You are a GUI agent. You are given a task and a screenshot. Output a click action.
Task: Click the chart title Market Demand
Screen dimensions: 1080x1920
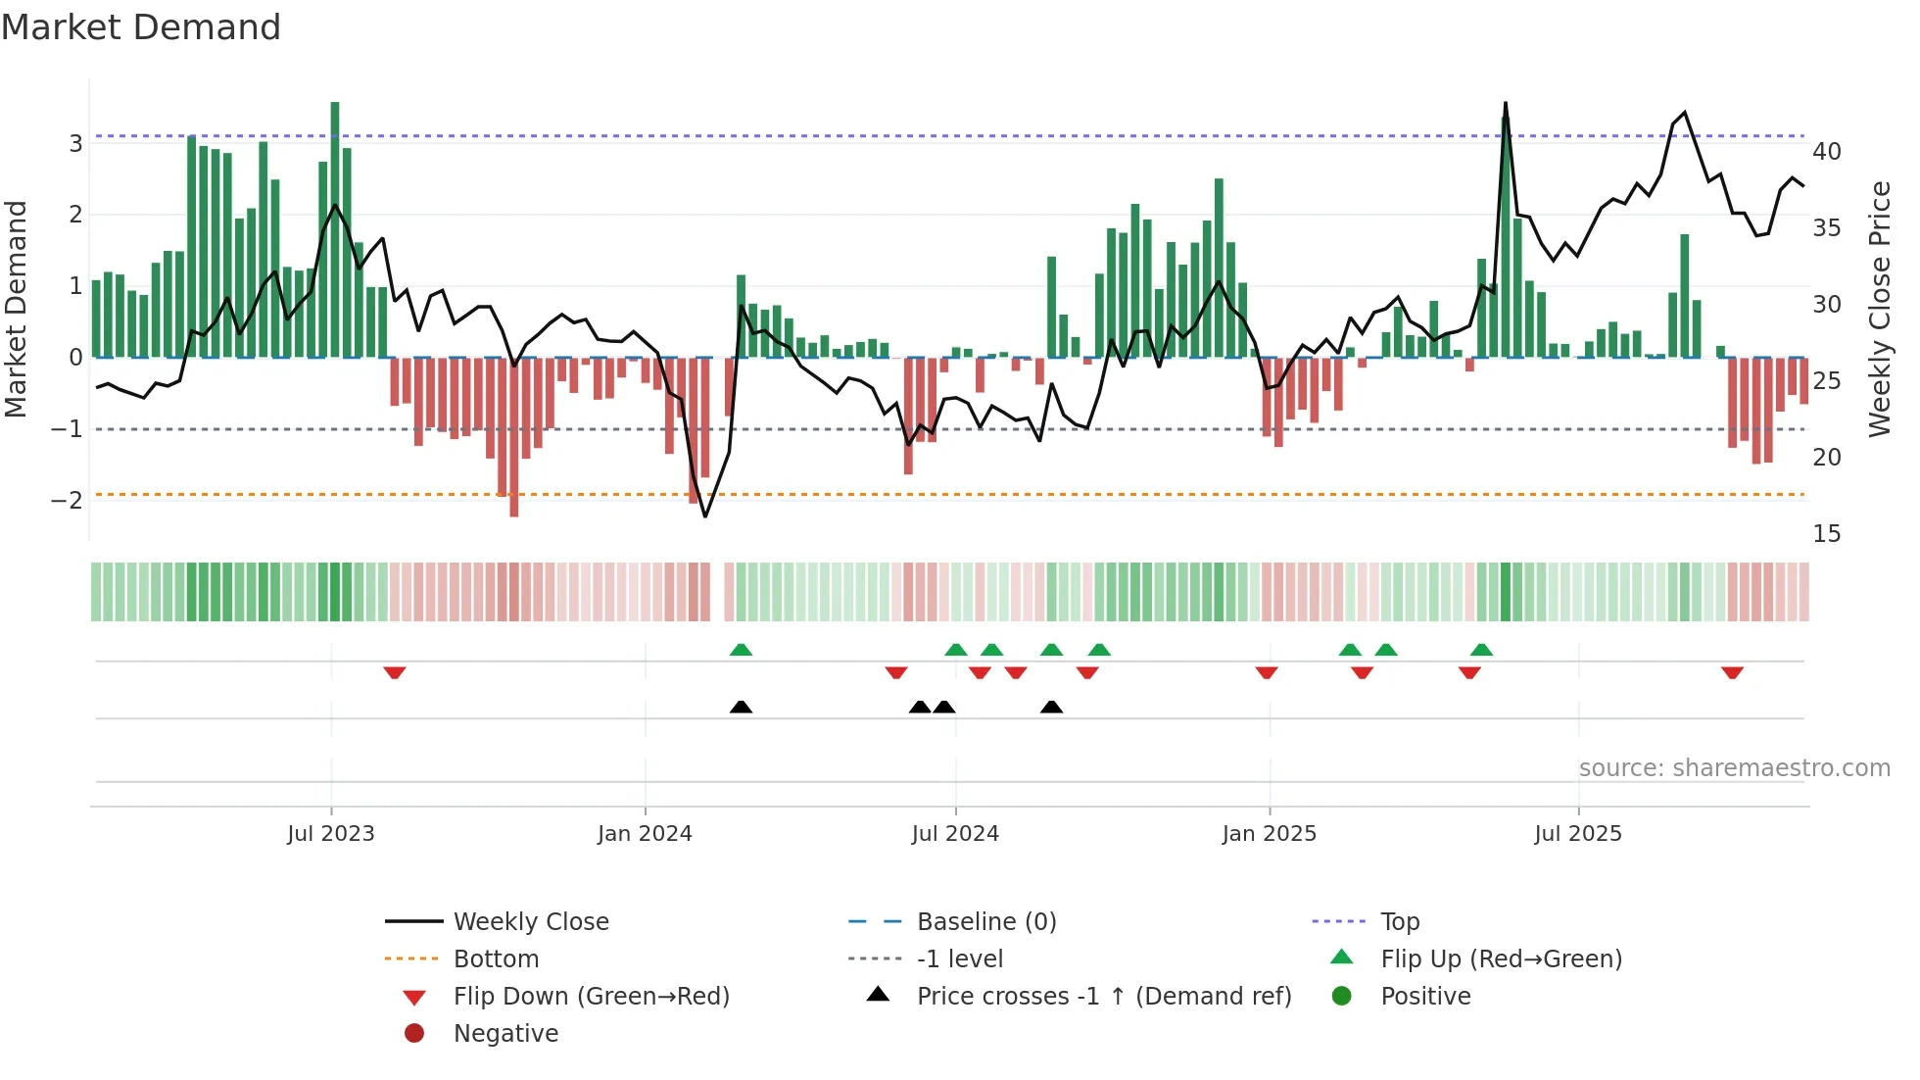(x=141, y=27)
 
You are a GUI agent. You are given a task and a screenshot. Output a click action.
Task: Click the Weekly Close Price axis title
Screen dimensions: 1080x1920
(x=1879, y=310)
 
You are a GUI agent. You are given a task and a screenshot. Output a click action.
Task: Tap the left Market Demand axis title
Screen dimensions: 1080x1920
(x=17, y=310)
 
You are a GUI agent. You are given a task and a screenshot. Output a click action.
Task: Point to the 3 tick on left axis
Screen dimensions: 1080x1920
(x=75, y=144)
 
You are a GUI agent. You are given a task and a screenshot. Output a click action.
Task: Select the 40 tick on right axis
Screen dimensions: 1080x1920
(x=1826, y=152)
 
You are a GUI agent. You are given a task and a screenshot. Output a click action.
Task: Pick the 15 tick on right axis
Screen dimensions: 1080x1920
(x=1826, y=534)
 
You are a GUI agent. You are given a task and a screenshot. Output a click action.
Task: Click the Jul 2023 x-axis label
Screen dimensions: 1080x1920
(x=331, y=834)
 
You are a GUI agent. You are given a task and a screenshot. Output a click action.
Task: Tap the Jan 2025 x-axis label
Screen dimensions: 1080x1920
(x=1269, y=834)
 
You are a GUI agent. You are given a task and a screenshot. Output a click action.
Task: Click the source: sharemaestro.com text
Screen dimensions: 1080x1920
(x=1734, y=768)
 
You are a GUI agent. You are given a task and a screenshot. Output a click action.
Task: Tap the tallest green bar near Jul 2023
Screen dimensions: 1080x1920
(x=335, y=225)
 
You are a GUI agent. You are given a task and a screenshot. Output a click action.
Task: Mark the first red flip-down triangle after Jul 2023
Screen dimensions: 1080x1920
(x=395, y=673)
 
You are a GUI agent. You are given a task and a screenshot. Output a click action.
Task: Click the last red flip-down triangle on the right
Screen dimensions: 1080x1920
(x=1732, y=673)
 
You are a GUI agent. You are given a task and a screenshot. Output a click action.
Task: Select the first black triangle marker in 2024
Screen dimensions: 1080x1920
(x=741, y=707)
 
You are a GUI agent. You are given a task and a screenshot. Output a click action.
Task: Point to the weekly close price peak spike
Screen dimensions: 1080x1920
(x=1505, y=104)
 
